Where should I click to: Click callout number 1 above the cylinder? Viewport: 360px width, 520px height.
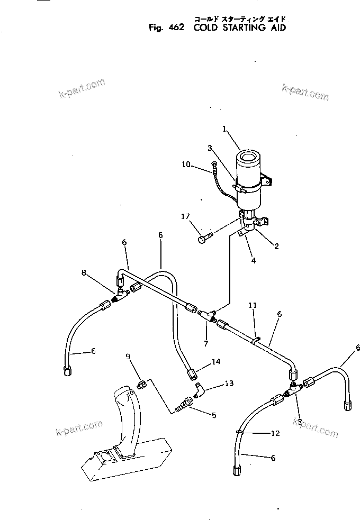[224, 128]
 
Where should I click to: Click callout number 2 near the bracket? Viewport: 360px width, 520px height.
[277, 246]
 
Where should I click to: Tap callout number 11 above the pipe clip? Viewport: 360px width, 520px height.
[253, 305]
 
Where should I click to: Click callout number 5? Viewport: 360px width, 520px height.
[214, 416]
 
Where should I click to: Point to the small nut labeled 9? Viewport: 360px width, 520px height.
[142, 383]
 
